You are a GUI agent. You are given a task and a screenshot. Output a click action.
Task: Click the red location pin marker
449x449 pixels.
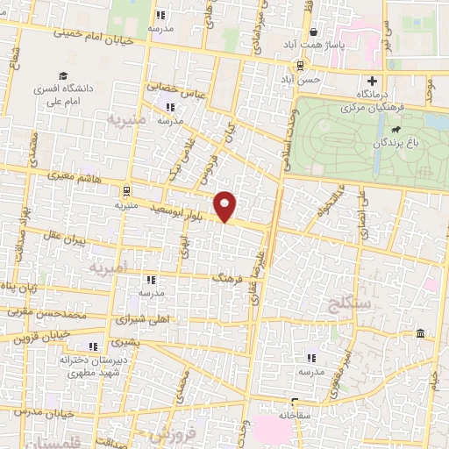point(226,206)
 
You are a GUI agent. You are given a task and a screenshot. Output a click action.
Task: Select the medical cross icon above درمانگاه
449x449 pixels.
point(372,81)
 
